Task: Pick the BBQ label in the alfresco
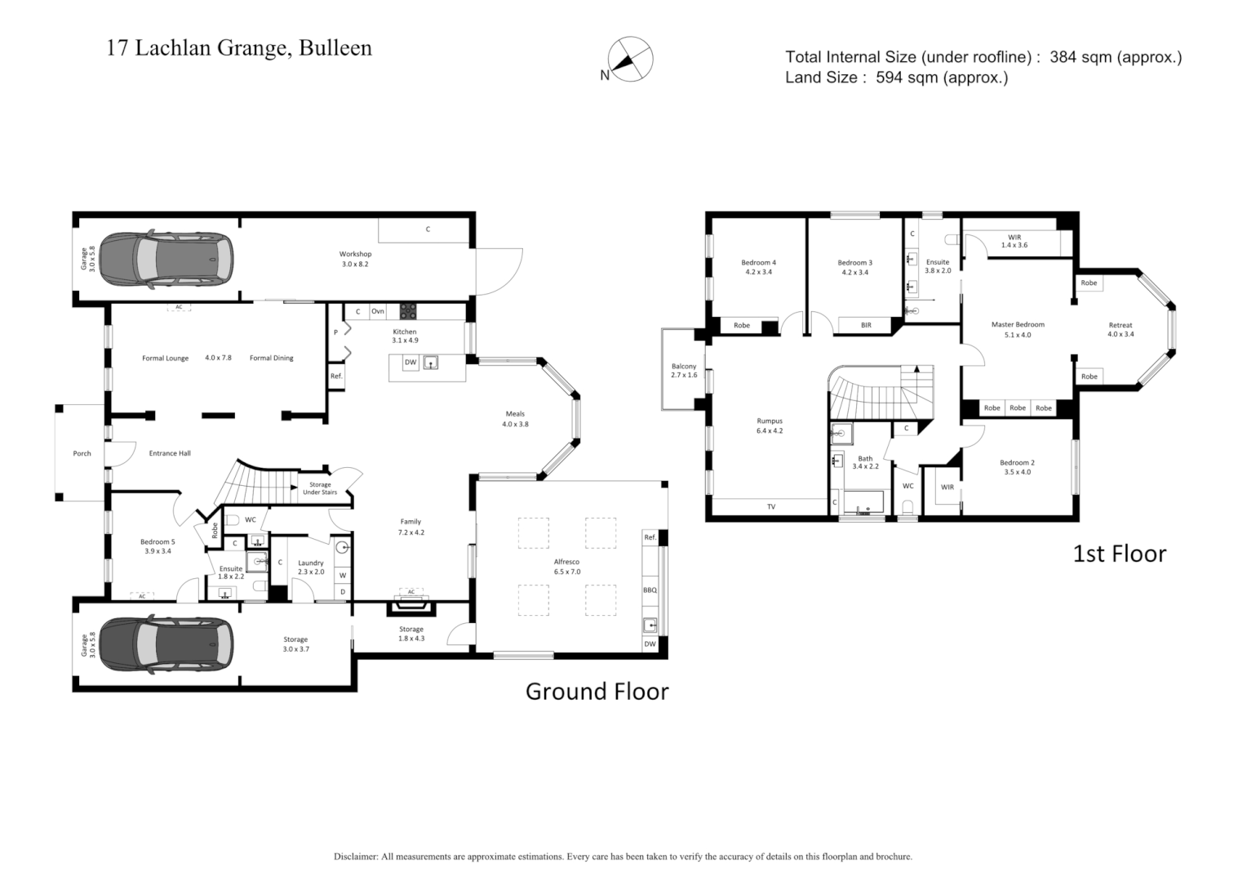(x=650, y=590)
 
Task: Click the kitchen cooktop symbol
(x=407, y=311)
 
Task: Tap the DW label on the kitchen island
(x=410, y=363)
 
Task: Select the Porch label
(x=82, y=453)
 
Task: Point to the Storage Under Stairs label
(x=320, y=488)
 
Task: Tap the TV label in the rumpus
(x=771, y=507)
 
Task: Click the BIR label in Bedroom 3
(x=866, y=325)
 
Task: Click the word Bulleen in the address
(x=335, y=48)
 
